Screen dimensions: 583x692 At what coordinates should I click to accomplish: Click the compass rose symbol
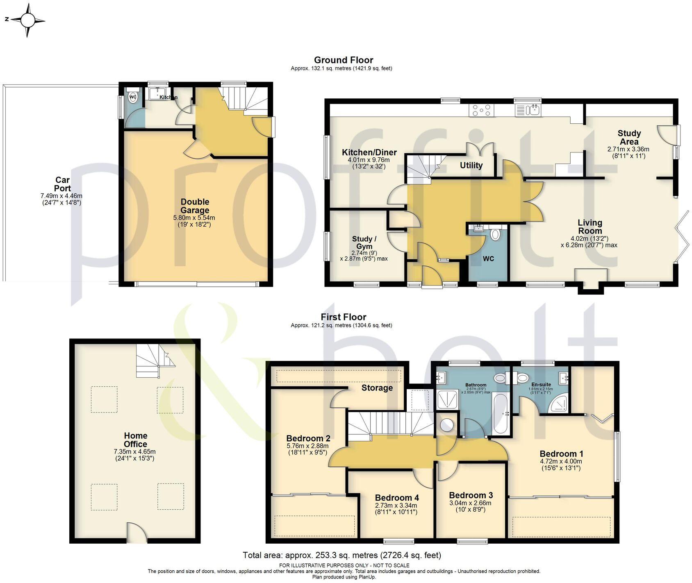pos(28,20)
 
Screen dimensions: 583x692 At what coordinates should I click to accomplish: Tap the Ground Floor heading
pos(343,60)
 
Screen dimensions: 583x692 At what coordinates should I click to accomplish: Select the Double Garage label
pos(195,206)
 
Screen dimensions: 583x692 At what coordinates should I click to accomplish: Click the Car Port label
pos(62,184)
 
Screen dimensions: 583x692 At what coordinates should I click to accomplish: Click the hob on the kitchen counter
pos(482,110)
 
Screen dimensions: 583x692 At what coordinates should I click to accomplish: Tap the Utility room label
pos(471,166)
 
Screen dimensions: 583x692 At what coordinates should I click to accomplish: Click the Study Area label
pos(629,137)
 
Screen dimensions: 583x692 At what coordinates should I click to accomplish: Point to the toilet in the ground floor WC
pos(495,235)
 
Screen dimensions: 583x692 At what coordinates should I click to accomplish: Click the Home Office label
pos(135,440)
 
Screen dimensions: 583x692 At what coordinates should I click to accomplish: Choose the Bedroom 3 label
pos(471,495)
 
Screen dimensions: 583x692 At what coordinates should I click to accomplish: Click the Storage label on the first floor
pos(377,388)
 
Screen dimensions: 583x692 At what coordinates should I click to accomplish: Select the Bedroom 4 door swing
pos(422,479)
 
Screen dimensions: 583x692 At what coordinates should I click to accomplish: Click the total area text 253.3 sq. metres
pos(341,556)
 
